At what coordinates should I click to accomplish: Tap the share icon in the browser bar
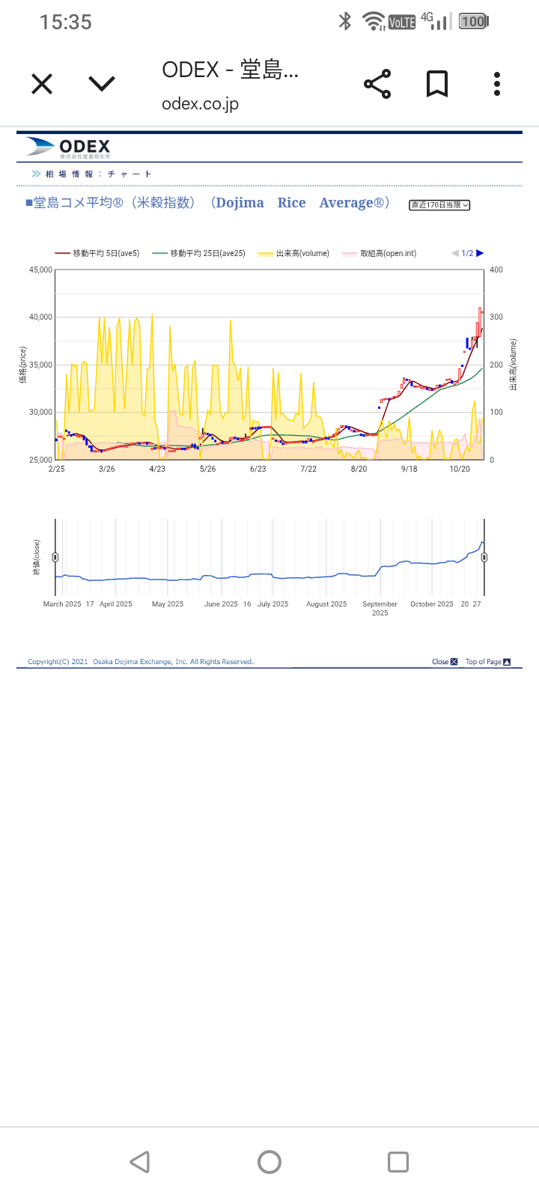(x=377, y=84)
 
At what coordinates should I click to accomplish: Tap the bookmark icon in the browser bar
(x=437, y=84)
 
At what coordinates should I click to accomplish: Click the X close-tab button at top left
(x=42, y=84)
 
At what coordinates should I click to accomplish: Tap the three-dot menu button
(x=497, y=84)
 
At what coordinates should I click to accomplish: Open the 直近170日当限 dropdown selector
(x=439, y=205)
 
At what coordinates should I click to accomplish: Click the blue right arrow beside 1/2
(x=481, y=253)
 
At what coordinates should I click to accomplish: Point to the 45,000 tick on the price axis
(x=40, y=270)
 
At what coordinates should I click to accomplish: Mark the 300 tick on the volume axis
(x=496, y=317)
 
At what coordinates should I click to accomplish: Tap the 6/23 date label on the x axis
(x=258, y=469)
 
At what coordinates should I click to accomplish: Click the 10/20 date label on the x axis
(x=460, y=469)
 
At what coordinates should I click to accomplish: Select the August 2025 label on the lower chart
(x=326, y=604)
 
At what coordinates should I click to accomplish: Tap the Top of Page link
(x=487, y=662)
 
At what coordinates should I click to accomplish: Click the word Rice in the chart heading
(x=291, y=203)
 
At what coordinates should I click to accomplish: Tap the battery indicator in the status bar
(x=474, y=22)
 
